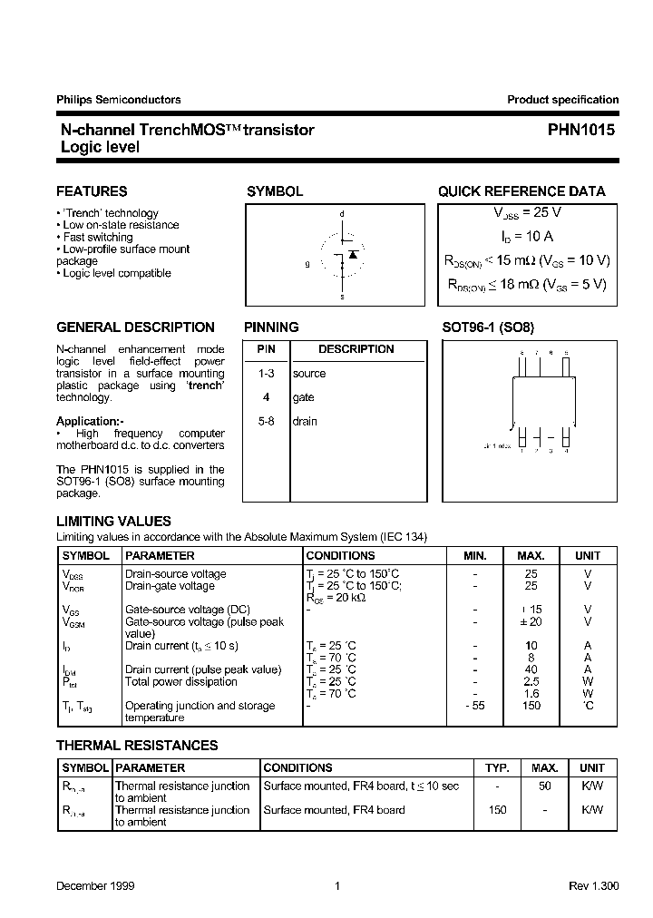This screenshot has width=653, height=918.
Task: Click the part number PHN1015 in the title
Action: point(580,131)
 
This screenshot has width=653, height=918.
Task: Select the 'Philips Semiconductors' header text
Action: point(118,100)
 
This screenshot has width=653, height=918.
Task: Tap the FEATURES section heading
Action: point(92,191)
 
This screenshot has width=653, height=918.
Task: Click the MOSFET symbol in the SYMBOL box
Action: point(342,257)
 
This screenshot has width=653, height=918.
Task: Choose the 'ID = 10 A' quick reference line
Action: point(526,236)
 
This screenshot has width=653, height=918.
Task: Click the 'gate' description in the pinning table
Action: point(303,397)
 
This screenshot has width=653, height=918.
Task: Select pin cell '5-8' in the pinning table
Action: point(266,422)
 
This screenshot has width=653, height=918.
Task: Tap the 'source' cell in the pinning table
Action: point(308,374)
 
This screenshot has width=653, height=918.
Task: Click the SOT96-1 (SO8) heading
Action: point(494,327)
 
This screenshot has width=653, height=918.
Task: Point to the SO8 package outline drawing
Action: point(541,400)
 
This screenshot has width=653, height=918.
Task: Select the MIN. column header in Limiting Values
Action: point(474,556)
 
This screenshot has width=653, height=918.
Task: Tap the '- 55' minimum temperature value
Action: point(474,706)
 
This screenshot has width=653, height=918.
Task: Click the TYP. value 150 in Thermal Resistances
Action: point(497,810)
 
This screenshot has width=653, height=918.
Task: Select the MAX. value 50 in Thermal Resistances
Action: point(544,786)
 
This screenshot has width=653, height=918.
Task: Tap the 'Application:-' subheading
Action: point(90,422)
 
